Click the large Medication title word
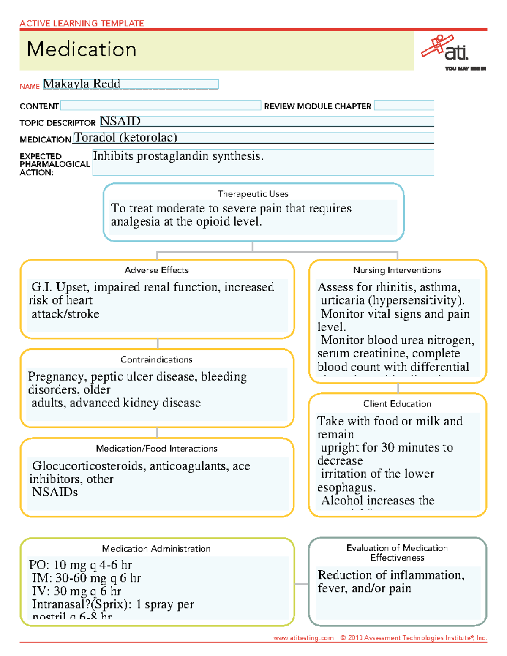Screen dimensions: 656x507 (x=82, y=49)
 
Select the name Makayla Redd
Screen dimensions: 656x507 (x=82, y=84)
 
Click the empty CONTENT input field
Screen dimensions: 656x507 (x=161, y=106)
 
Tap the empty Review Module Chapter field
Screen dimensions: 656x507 (x=403, y=106)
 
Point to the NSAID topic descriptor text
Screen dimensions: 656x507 (x=120, y=121)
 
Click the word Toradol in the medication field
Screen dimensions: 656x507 (x=95, y=138)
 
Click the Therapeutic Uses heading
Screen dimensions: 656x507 (x=253, y=194)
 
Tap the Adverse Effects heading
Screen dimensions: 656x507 (x=157, y=270)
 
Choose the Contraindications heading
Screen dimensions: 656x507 (x=156, y=360)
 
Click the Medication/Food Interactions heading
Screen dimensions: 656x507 (x=156, y=449)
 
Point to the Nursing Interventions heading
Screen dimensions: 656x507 (x=397, y=270)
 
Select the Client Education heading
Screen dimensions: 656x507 (x=397, y=404)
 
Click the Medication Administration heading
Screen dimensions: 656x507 (x=156, y=549)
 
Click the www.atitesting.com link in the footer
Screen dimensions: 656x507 (x=303, y=638)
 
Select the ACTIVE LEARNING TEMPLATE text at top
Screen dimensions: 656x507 (x=82, y=23)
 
